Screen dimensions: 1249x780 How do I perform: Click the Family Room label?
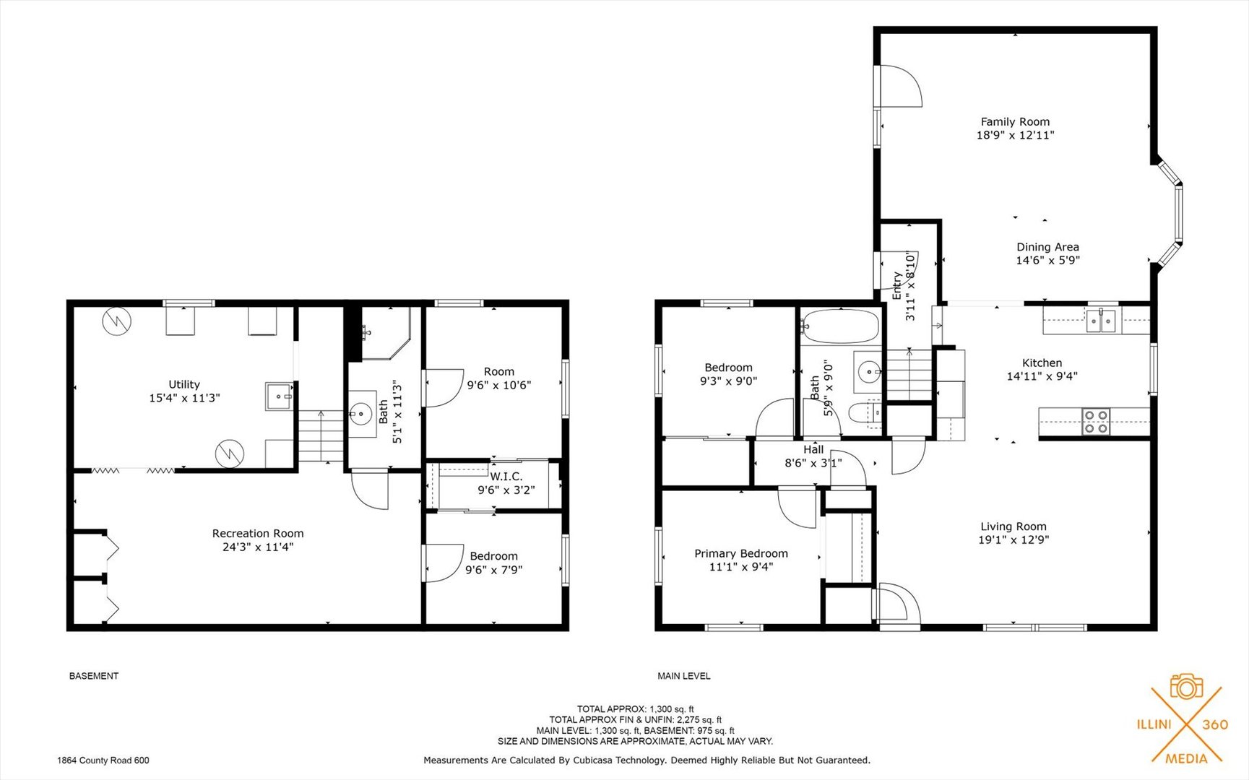pyautogui.click(x=1015, y=122)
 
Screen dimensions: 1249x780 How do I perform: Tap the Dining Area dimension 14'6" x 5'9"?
pyautogui.click(x=1047, y=260)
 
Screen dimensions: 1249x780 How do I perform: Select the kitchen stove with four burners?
pyautogui.click(x=1096, y=422)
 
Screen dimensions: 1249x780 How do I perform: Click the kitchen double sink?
pyautogui.click(x=1101, y=320)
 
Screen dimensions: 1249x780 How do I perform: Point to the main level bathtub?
pyautogui.click(x=840, y=326)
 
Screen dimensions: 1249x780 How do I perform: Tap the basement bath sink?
pyautogui.click(x=360, y=414)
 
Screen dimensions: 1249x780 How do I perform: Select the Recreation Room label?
pyautogui.click(x=258, y=534)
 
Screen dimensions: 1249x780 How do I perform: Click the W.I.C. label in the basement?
pyautogui.click(x=506, y=477)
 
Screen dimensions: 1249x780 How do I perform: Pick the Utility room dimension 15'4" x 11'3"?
pyautogui.click(x=184, y=398)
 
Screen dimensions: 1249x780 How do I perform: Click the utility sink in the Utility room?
pyautogui.click(x=280, y=396)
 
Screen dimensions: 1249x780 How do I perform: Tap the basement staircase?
pyautogui.click(x=321, y=436)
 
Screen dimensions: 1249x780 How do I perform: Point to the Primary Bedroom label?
pyautogui.click(x=741, y=554)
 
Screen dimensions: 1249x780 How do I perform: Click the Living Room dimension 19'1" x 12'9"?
pyautogui.click(x=1014, y=539)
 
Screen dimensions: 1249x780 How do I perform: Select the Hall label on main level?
pyautogui.click(x=813, y=449)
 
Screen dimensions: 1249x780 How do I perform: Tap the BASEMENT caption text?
pyautogui.click(x=94, y=676)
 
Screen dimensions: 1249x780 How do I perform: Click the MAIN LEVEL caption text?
pyautogui.click(x=684, y=676)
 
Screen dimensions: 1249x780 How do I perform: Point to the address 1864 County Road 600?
pyautogui.click(x=103, y=760)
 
